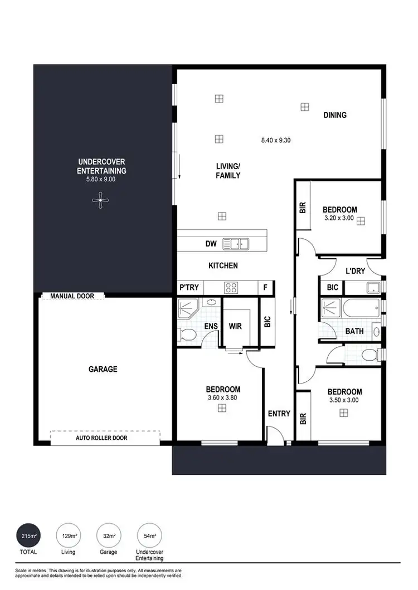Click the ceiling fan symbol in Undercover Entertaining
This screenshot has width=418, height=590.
tap(100, 200)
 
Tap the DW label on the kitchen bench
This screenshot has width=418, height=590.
tap(211, 244)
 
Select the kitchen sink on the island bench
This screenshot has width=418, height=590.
tap(236, 244)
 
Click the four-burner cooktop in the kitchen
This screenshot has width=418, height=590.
tap(231, 288)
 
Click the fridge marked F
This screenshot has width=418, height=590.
tap(265, 288)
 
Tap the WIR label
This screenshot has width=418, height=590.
tap(235, 326)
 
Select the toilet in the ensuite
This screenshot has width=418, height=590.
tap(188, 335)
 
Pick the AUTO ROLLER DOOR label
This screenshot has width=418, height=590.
tap(101, 438)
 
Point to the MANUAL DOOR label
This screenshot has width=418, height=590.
tap(72, 296)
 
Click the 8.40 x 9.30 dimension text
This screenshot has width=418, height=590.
tap(276, 140)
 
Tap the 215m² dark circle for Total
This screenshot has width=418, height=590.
tap(29, 537)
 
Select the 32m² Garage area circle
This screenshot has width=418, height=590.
tap(109, 537)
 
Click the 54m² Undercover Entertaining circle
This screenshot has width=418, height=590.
tap(149, 537)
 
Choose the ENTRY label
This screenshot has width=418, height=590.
tap(279, 414)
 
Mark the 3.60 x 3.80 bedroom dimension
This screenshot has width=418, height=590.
tap(223, 397)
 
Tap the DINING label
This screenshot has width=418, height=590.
tap(335, 115)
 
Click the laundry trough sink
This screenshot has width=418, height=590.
tap(373, 288)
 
